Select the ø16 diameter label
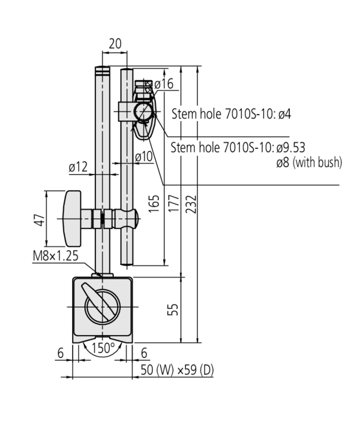pos(163,84)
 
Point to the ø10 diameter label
pos(144,156)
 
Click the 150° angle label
pos(103,348)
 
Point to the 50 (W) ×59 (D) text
pos(177,370)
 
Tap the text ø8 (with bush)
pos(308,162)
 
